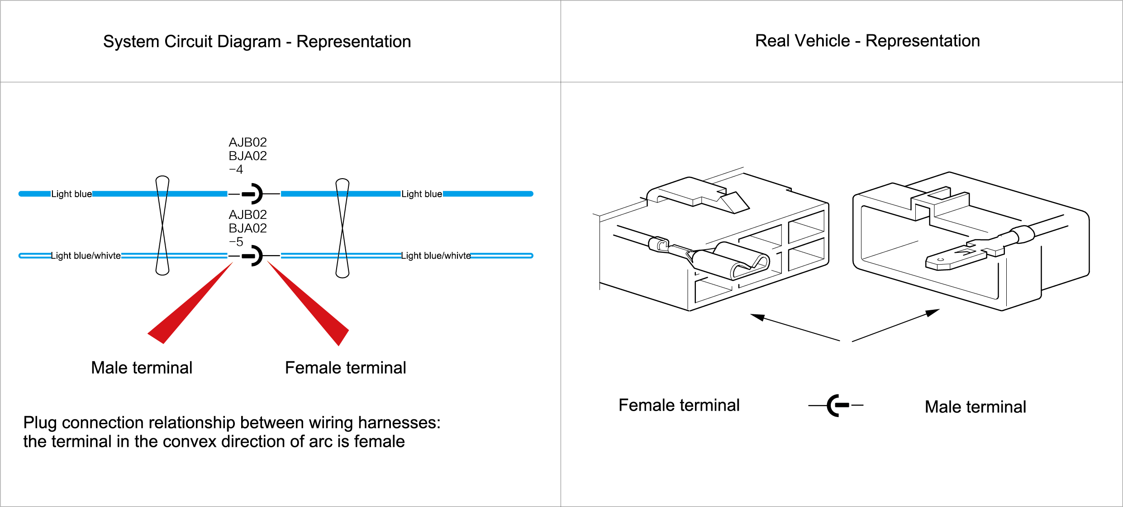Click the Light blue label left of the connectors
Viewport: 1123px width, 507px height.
click(x=71, y=194)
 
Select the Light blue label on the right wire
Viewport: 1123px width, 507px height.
click(x=422, y=194)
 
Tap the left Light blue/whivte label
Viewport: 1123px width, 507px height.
click(x=86, y=256)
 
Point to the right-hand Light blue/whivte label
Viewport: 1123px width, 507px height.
click(x=436, y=256)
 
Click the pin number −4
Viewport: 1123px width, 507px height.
click(x=236, y=170)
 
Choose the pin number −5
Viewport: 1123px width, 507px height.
click(x=236, y=242)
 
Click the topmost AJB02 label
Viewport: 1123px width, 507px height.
click(x=247, y=142)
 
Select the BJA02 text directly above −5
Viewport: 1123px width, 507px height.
click(x=247, y=228)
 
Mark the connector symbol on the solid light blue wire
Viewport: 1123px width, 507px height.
click(x=252, y=194)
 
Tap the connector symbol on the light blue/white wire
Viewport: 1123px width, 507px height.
click(x=252, y=256)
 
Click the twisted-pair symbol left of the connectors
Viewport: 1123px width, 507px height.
click(x=162, y=225)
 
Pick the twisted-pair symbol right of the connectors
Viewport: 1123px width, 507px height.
click(x=343, y=228)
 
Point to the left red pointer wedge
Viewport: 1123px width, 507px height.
click(x=186, y=308)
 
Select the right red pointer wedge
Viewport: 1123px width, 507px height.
click(x=312, y=308)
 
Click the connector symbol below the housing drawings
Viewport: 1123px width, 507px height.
click(x=836, y=405)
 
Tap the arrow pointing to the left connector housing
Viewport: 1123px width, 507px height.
click(x=792, y=327)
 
